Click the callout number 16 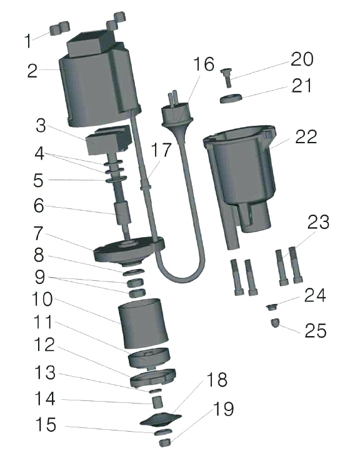click(x=204, y=64)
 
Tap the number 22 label click(x=306, y=137)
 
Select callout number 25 click(x=315, y=331)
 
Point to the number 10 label click(x=42, y=299)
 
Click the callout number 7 click(x=38, y=233)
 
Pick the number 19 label click(x=223, y=409)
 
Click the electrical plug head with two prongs click(x=177, y=114)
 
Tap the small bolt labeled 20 click(x=227, y=77)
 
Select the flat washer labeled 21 click(x=231, y=99)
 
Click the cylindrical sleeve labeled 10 click(x=143, y=323)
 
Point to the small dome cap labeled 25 click(x=275, y=323)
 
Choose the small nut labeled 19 click(x=164, y=442)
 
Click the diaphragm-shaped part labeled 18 click(x=161, y=419)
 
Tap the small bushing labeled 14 click(x=157, y=402)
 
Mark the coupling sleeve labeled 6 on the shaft click(x=123, y=213)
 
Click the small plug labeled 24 click(x=272, y=307)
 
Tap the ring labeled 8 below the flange click(x=134, y=272)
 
